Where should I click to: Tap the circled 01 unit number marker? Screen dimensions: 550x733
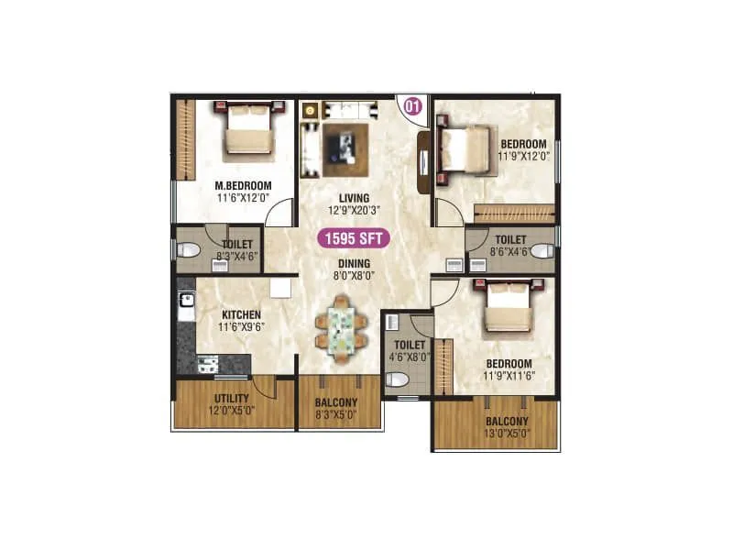pos(412,105)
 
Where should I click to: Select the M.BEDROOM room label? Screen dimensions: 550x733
pos(244,186)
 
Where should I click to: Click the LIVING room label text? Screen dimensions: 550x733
pos(353,198)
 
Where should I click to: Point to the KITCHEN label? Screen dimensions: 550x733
pos(241,315)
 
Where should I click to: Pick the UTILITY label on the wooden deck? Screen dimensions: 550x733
pos(232,399)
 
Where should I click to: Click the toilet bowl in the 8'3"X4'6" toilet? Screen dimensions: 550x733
pos(189,249)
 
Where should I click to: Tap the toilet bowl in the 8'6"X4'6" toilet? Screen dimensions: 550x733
pos(542,249)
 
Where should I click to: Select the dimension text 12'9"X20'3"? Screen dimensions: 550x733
pos(353,210)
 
